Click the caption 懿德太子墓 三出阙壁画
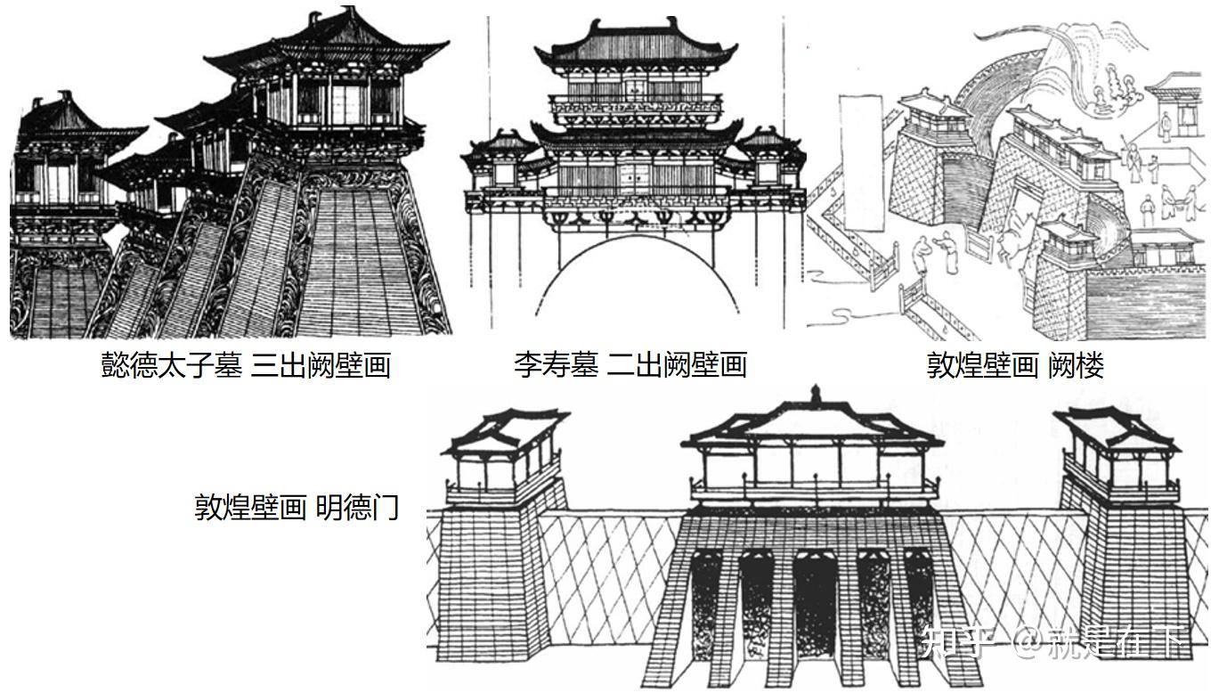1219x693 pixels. tap(246, 365)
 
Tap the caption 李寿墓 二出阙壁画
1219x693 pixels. tap(630, 364)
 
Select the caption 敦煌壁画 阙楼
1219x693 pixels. tap(1015, 365)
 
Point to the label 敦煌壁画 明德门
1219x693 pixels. tap(297, 508)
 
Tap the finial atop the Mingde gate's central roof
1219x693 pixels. tap(815, 394)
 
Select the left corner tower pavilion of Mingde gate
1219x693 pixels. tap(504, 454)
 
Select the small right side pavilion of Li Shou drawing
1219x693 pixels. tap(768, 157)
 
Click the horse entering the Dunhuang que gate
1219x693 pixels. tap(1016, 241)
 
